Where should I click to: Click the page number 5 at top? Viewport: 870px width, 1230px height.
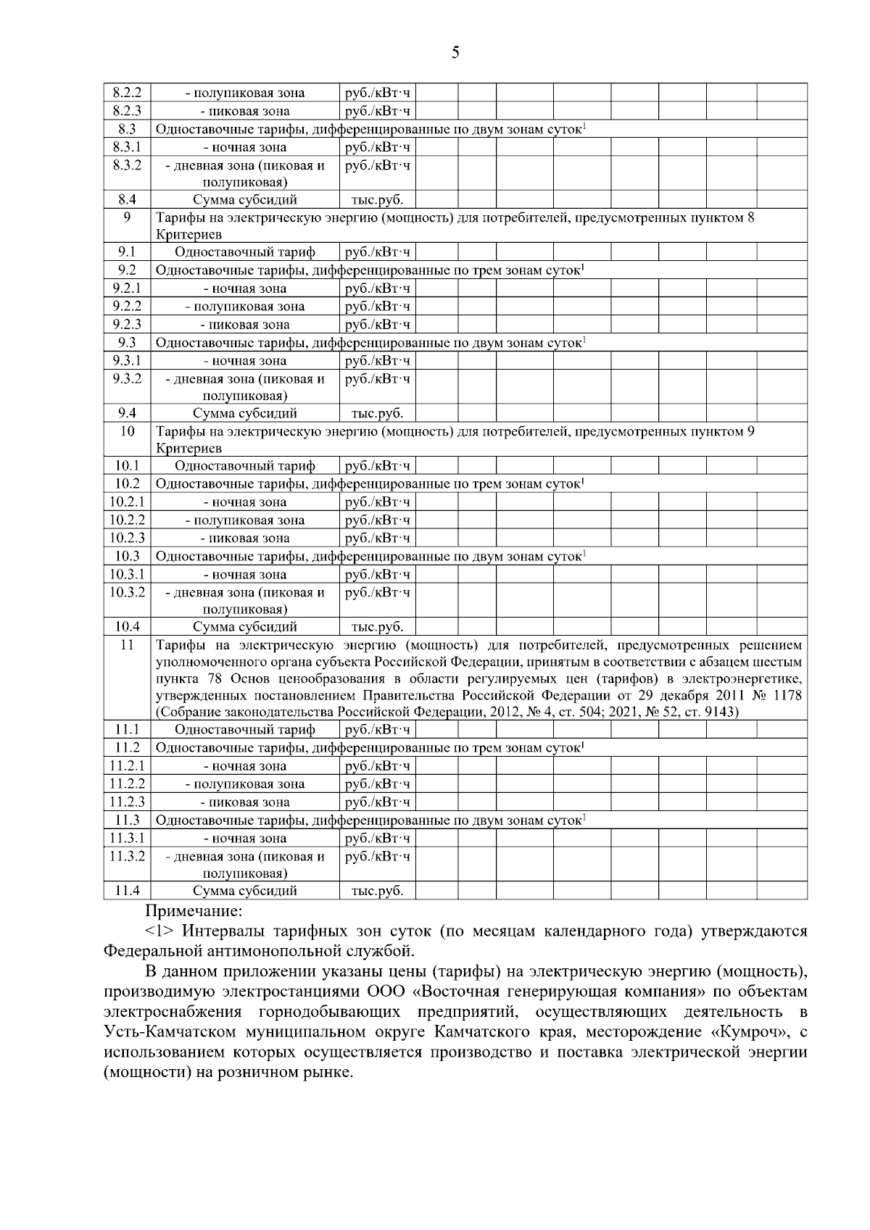pyautogui.click(x=455, y=52)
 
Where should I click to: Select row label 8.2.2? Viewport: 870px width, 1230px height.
pyautogui.click(x=127, y=93)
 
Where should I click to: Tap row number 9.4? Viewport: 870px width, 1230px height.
pyautogui.click(x=127, y=413)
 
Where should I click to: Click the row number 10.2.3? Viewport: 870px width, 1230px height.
pyautogui.click(x=127, y=538)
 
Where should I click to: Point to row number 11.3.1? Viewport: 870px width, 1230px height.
pyautogui.click(x=127, y=838)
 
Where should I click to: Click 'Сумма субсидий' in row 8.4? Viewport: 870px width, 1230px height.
pyautogui.click(x=244, y=199)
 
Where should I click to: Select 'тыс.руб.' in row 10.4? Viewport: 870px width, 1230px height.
pyautogui.click(x=377, y=627)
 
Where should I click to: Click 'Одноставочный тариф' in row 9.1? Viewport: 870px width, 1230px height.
pyautogui.click(x=244, y=252)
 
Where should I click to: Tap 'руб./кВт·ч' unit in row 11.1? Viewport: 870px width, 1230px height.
pyautogui.click(x=377, y=729)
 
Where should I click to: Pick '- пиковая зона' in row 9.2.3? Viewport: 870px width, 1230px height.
pyautogui.click(x=244, y=325)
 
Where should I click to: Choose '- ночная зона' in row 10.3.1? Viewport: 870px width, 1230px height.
pyautogui.click(x=244, y=575)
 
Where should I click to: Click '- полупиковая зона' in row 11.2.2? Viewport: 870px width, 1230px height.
pyautogui.click(x=244, y=784)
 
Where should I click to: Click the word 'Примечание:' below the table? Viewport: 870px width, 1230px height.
pyautogui.click(x=194, y=910)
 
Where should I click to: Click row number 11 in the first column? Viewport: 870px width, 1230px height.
pyautogui.click(x=127, y=645)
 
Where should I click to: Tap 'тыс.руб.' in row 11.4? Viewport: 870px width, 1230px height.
pyautogui.click(x=377, y=891)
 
